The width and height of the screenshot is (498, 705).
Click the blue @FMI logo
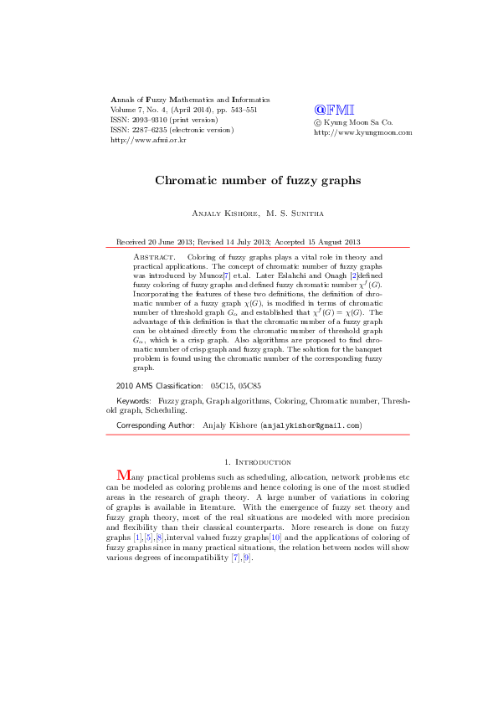[334, 110]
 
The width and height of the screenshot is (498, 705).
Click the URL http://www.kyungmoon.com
[363, 132]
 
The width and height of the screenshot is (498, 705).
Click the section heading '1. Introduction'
[259, 461]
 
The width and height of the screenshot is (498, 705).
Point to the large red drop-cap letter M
[124, 476]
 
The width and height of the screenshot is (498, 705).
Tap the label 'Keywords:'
[134, 402]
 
